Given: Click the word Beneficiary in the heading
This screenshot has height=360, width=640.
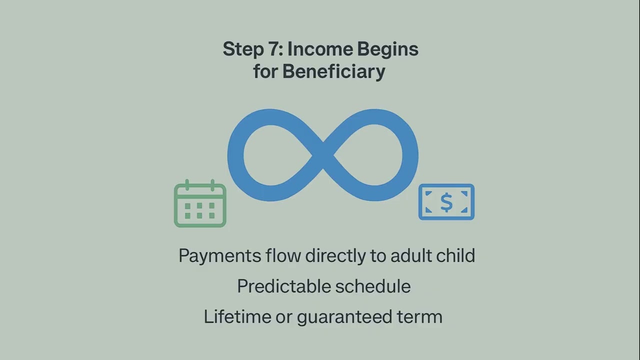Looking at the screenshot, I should (333, 71).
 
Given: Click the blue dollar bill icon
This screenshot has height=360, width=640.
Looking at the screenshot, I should (446, 202).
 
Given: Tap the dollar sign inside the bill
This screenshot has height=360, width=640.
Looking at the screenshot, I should (446, 202).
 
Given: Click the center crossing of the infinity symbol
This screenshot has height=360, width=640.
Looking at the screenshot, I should (323, 155).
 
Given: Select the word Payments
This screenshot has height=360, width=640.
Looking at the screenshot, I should (220, 256).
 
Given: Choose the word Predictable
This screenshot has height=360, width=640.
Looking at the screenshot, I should (283, 286).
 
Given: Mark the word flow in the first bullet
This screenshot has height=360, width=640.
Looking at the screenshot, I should (283, 255).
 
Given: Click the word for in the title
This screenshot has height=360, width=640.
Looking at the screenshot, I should (265, 71).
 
